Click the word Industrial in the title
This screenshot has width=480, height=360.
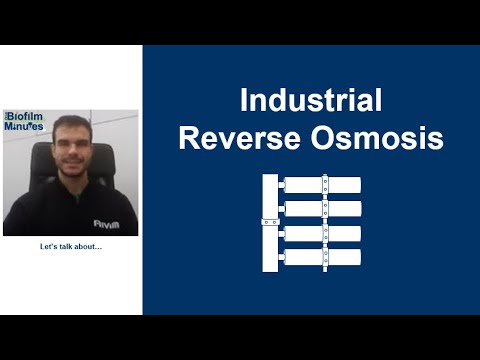pyautogui.click(x=311, y=101)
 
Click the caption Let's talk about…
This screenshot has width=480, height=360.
pyautogui.click(x=71, y=248)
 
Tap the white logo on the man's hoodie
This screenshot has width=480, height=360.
pyautogui.click(x=106, y=224)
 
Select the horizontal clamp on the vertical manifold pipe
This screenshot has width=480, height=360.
pyautogui.click(x=269, y=221)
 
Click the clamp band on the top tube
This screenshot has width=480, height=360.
pyautogui.click(x=325, y=185)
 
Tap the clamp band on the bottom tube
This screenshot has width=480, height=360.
pyautogui.click(x=325, y=257)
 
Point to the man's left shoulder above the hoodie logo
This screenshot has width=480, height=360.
pyautogui.click(x=108, y=200)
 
